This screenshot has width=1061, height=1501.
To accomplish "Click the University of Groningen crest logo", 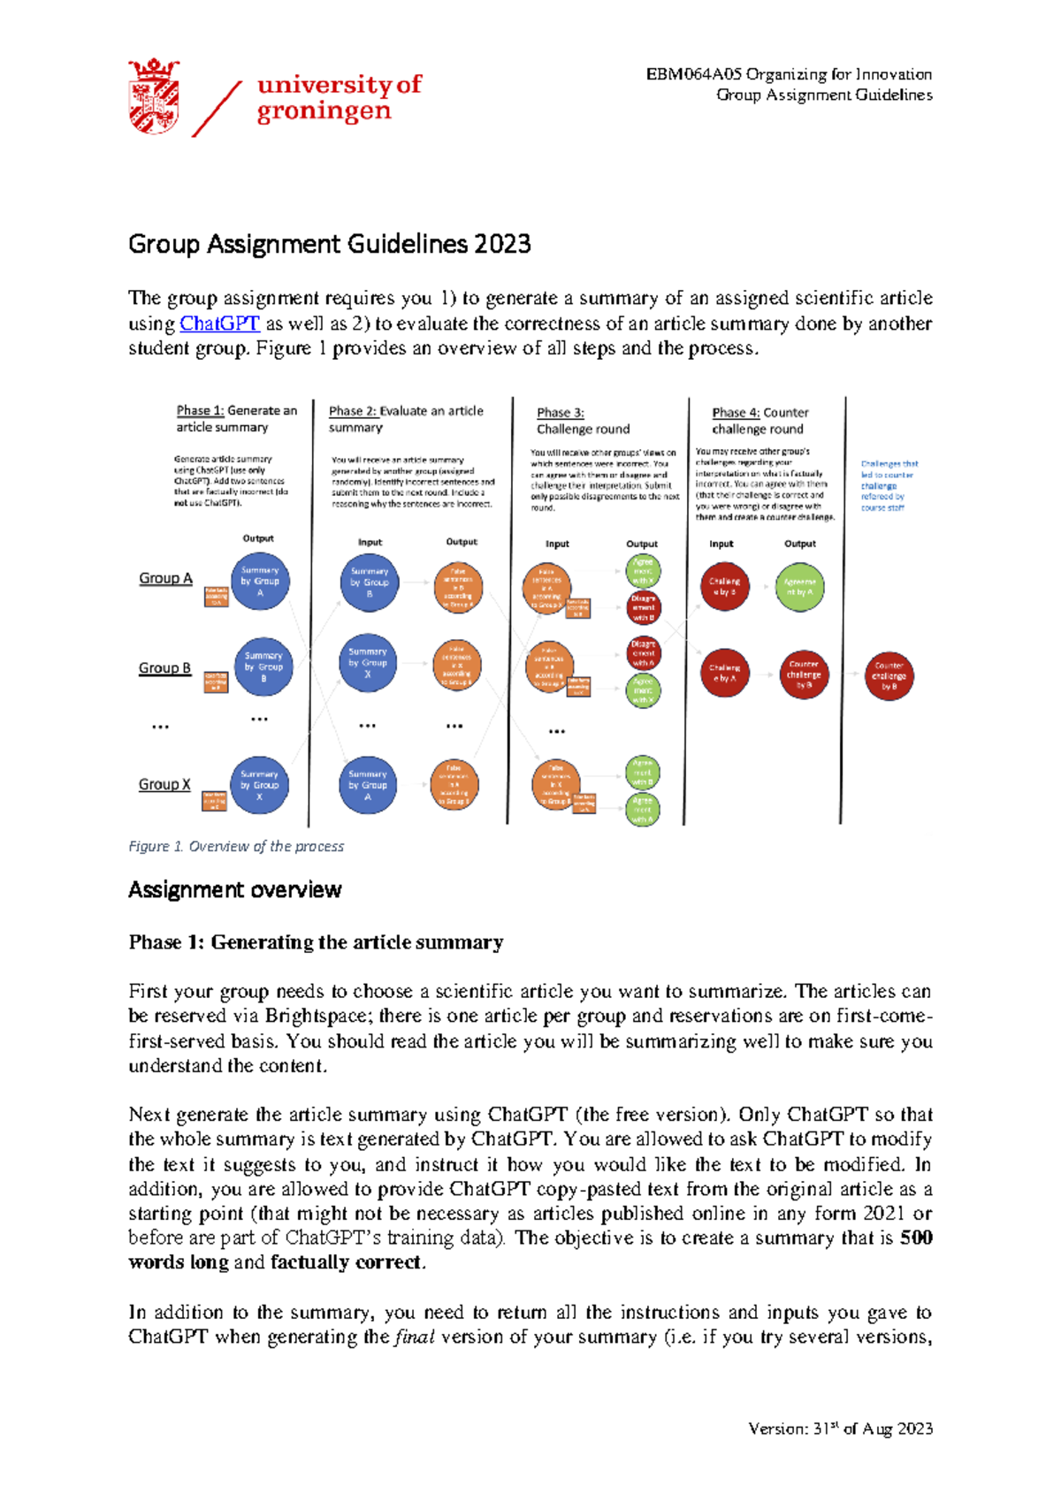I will point(154,96).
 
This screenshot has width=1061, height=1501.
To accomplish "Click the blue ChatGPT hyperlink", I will point(219,324).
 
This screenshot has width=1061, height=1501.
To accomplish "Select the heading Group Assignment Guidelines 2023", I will point(329,244).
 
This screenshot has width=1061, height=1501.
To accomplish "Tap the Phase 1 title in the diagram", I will point(236,418).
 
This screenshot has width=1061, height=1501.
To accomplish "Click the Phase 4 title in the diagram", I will point(759,421).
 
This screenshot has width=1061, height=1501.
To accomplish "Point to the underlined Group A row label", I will point(165,578).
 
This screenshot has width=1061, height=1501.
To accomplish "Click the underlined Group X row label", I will point(164,784).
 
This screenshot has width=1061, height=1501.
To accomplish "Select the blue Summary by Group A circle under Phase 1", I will point(260,582).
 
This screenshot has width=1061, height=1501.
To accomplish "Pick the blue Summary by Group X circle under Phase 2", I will point(368,662).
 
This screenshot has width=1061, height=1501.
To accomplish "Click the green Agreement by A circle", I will point(799,586).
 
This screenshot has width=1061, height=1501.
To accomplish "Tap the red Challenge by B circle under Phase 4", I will point(724,586).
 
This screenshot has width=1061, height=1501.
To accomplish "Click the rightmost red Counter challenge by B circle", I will point(889,676).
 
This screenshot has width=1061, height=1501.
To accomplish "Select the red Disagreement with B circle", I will point(644,607).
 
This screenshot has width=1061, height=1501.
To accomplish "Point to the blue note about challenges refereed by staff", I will point(889,485).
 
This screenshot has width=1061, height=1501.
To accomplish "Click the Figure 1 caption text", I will point(236,846).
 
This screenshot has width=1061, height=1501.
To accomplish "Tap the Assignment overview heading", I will point(234,889).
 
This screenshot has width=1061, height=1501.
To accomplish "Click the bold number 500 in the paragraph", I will point(916,1238).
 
